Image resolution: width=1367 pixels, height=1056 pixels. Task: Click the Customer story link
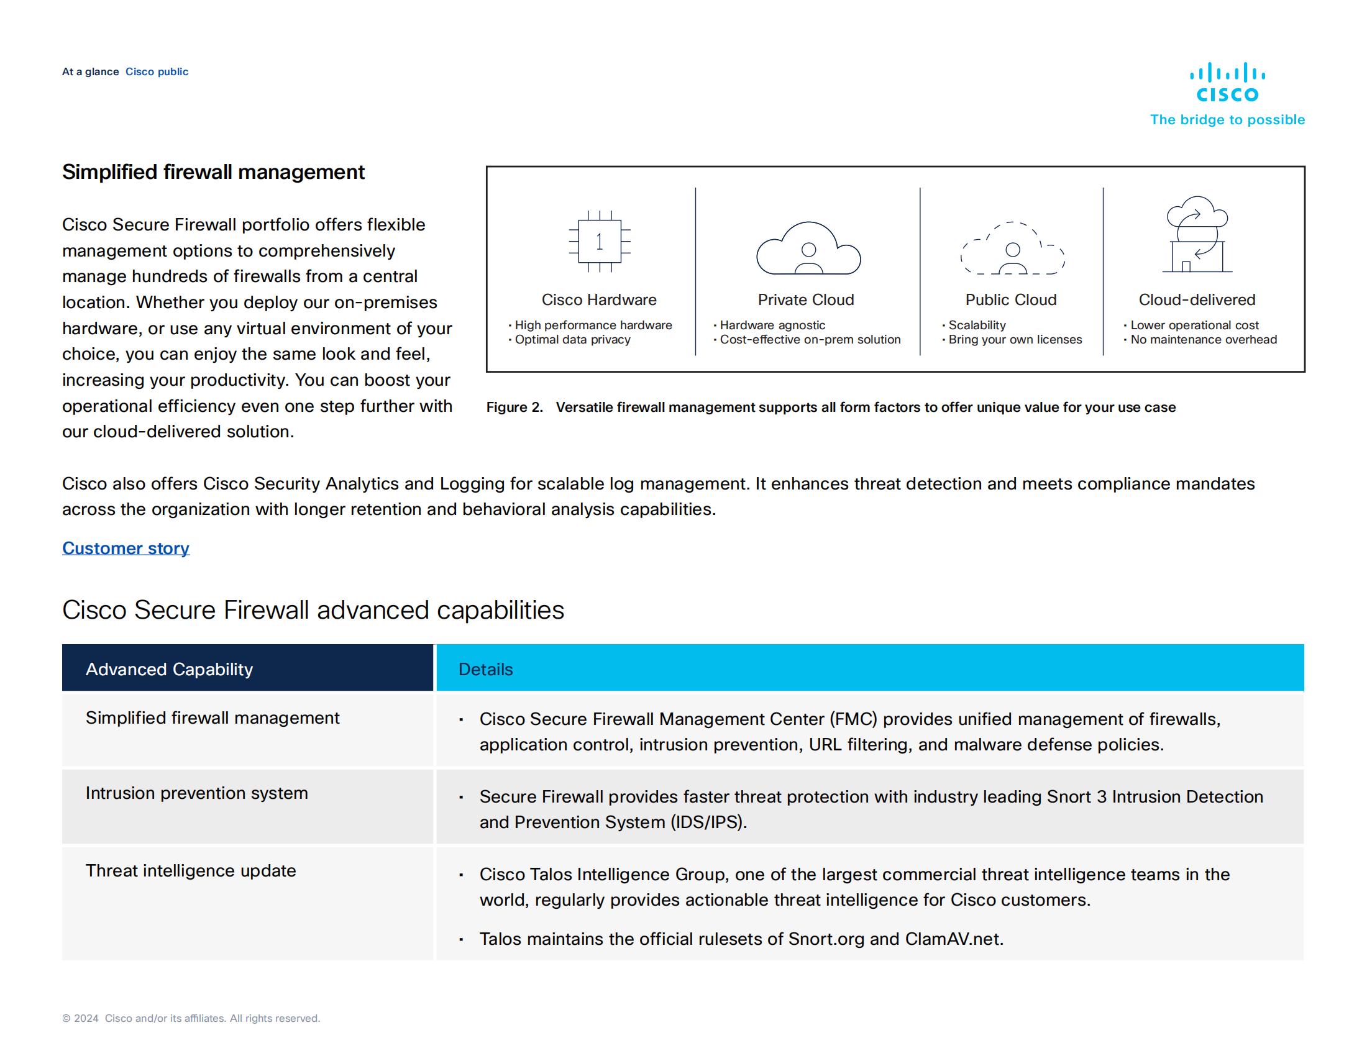point(125,548)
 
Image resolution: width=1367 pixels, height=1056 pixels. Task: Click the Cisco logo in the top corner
point(1227,82)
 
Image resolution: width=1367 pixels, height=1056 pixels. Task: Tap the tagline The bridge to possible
point(1227,119)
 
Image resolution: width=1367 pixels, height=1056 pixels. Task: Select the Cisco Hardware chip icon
point(599,242)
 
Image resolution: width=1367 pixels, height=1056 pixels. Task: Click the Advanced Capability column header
point(169,669)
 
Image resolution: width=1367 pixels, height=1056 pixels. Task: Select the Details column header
point(485,670)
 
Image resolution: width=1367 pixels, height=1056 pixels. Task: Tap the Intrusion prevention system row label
point(196,793)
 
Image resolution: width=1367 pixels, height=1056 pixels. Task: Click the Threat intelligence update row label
point(190,870)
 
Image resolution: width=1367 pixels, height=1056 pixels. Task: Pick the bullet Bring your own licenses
point(1015,340)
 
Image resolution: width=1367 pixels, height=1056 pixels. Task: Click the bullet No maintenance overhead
point(1203,340)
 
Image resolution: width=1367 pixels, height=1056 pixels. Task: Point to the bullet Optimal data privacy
point(572,340)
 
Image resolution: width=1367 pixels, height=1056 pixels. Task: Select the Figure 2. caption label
point(514,407)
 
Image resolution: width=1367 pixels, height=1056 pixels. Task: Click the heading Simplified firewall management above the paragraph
point(213,172)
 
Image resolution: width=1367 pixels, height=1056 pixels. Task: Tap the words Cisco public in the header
point(157,72)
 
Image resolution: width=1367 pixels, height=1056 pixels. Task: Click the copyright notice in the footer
point(191,1018)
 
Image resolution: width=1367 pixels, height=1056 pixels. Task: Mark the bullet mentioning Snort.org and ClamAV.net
point(741,939)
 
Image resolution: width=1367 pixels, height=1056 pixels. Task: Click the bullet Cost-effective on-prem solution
point(809,340)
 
